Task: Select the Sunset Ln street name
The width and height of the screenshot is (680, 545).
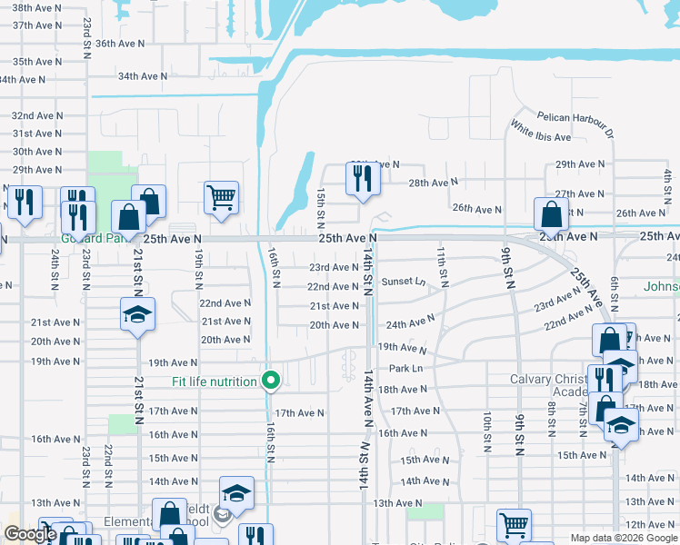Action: click(404, 282)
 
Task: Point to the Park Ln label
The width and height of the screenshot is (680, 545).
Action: click(405, 368)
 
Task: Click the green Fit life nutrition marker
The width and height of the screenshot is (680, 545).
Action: click(270, 381)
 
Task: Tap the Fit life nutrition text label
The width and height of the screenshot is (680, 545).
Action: click(215, 381)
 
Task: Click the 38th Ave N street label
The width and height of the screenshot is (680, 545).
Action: click(36, 7)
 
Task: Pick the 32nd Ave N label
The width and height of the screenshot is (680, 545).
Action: click(36, 116)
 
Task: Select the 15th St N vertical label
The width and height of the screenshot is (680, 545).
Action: click(321, 209)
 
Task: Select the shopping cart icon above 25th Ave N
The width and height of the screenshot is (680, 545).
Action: click(222, 196)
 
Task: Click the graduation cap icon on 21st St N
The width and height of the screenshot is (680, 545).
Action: click(137, 314)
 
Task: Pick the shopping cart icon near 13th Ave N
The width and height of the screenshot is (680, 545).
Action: click(514, 524)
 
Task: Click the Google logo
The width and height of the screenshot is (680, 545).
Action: click(29, 535)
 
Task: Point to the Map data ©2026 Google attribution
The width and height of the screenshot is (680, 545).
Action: click(623, 538)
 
